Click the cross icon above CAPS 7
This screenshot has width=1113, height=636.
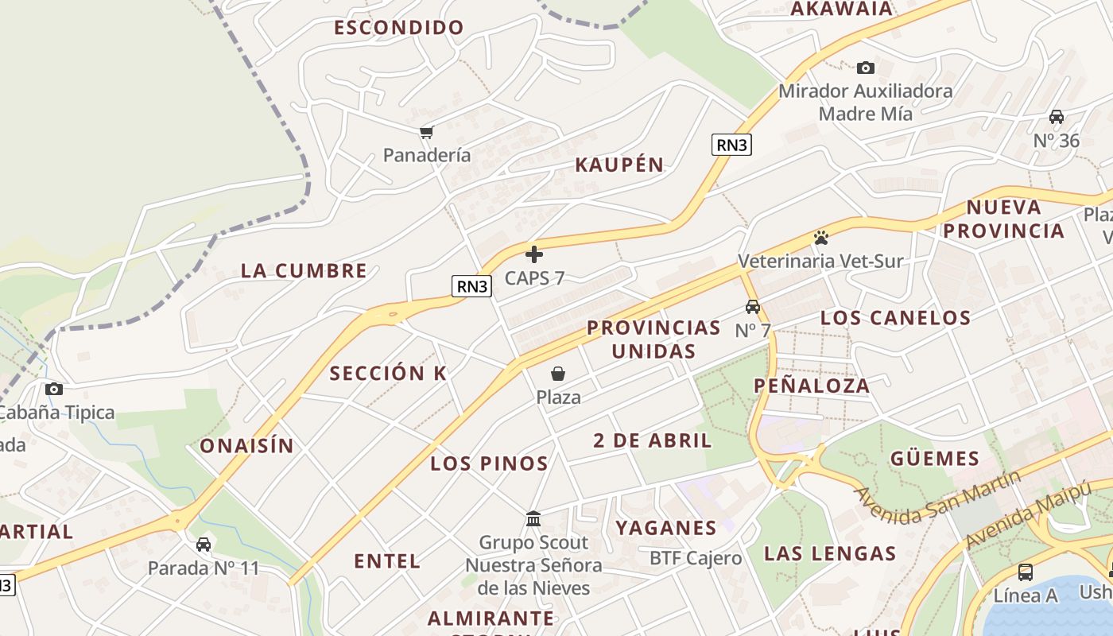click(x=534, y=254)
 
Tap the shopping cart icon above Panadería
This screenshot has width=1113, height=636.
click(x=427, y=132)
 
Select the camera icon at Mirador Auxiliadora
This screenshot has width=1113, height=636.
click(x=866, y=68)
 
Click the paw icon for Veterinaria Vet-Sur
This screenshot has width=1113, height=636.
click(x=820, y=238)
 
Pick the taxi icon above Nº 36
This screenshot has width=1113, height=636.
click(x=1057, y=117)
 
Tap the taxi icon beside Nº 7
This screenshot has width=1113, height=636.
click(x=752, y=307)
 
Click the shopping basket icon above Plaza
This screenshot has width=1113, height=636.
click(x=558, y=374)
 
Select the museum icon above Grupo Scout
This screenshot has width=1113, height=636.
click(x=533, y=519)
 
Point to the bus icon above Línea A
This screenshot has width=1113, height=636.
click(x=1026, y=572)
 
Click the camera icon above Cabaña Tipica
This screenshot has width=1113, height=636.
click(x=54, y=389)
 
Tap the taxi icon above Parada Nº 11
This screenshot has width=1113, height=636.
click(x=204, y=545)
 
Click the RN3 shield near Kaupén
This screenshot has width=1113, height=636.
click(x=731, y=145)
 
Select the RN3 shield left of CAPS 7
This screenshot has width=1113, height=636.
click(x=471, y=286)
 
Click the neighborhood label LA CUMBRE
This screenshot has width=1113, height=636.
click(x=304, y=270)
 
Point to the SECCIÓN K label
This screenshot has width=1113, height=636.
click(x=388, y=373)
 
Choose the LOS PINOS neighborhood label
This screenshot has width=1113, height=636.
click(x=489, y=463)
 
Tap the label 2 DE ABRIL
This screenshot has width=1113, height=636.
click(x=652, y=440)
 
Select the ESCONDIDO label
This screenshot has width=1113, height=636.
click(x=398, y=28)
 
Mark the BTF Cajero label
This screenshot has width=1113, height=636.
click(x=696, y=558)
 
